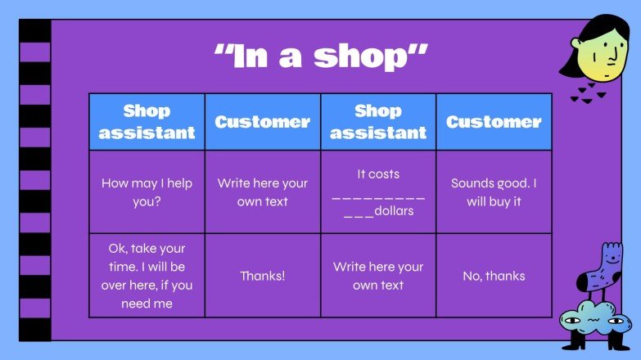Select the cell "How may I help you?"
point(147,192)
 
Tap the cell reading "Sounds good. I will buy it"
point(494,192)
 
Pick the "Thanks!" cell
point(262,276)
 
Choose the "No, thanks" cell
point(494,276)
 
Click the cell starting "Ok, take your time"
point(147,276)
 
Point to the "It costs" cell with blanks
point(377,192)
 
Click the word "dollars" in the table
point(394,211)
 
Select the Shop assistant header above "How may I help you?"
point(147,122)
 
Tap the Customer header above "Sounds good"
point(494,122)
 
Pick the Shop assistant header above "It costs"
point(377,122)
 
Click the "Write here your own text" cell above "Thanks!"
point(262,192)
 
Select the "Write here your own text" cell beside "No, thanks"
point(377,276)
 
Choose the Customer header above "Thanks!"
point(262,122)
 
